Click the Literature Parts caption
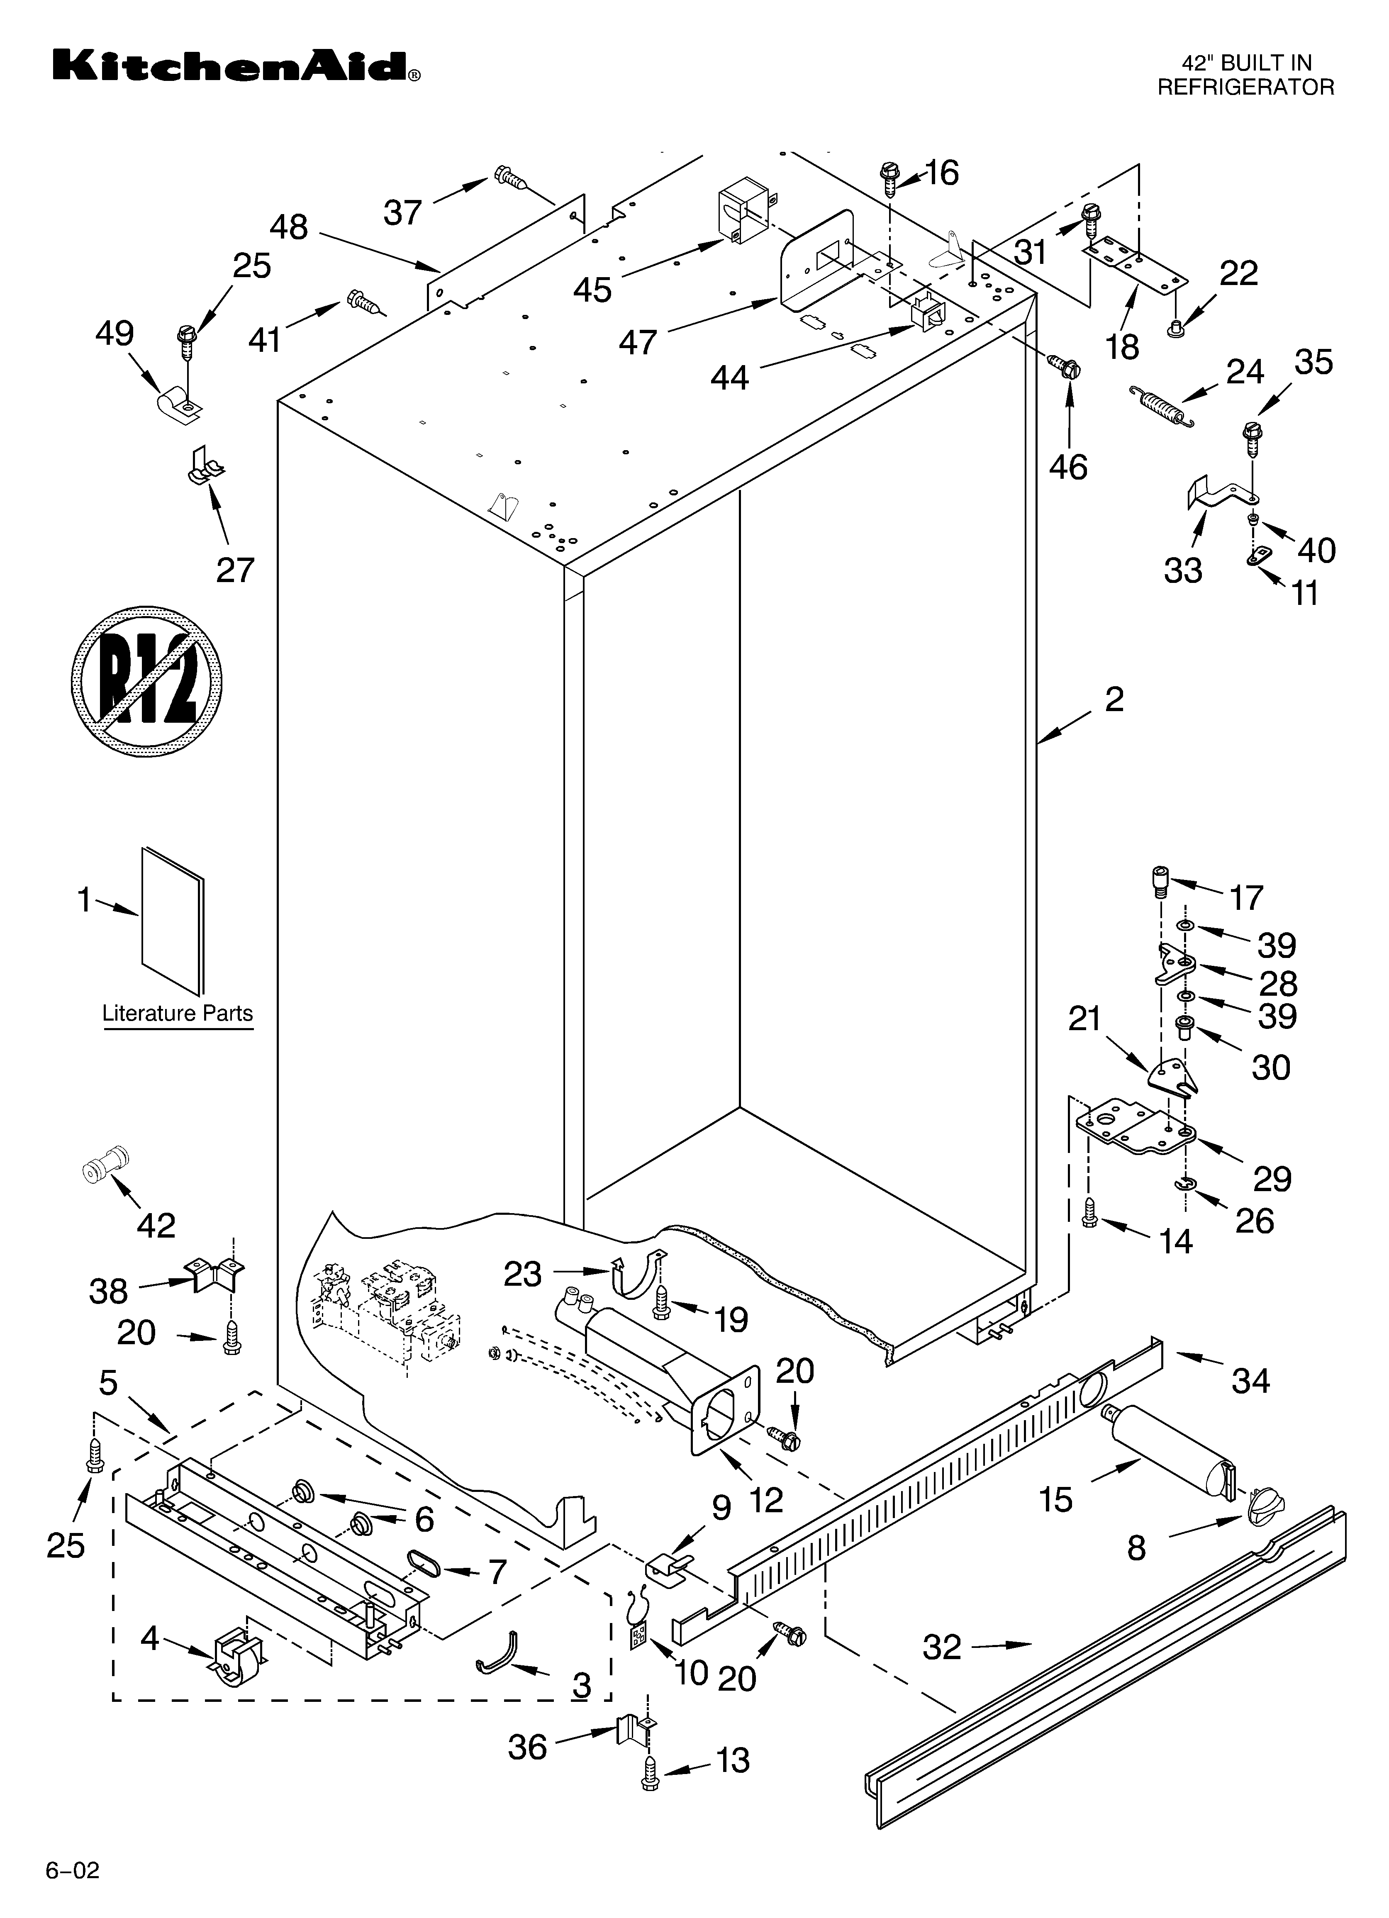tap(178, 1013)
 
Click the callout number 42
tap(156, 1225)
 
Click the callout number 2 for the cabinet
tap(1114, 699)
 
